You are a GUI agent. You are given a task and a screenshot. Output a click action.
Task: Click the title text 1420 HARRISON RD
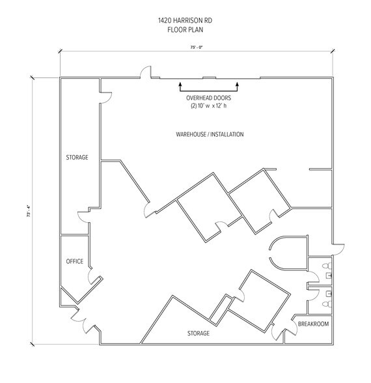pyautogui.click(x=185, y=21)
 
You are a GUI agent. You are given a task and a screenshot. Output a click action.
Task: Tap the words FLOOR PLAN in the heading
pyautogui.click(x=185, y=30)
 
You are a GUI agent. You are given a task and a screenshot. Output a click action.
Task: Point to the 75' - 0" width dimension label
pyautogui.click(x=197, y=48)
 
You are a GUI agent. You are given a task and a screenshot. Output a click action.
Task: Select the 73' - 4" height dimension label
pyautogui.click(x=29, y=211)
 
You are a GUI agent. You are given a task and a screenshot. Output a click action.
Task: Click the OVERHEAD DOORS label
pyautogui.click(x=208, y=98)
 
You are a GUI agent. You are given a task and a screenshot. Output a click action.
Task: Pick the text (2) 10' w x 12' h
pyautogui.click(x=208, y=106)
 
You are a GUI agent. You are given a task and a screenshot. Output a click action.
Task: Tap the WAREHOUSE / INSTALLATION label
pyautogui.click(x=210, y=134)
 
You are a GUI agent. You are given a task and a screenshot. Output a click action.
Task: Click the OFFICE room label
pyautogui.click(x=75, y=261)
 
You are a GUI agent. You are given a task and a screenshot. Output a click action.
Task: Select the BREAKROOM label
pyautogui.click(x=314, y=324)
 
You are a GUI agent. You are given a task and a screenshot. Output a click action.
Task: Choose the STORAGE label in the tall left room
pyautogui.click(x=77, y=158)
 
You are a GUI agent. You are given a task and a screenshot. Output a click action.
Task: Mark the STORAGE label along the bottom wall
pyautogui.click(x=199, y=333)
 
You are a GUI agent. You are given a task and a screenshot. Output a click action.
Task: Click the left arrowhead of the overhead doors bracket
pyautogui.click(x=180, y=85)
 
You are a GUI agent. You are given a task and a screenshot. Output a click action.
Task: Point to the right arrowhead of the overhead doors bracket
pyautogui.click(x=237, y=85)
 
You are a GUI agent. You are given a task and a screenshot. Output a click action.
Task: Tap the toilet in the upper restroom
pyautogui.click(x=327, y=266)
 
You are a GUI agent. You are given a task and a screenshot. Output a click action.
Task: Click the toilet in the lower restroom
pyautogui.click(x=327, y=304)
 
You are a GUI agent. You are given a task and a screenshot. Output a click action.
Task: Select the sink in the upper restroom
pyautogui.click(x=329, y=276)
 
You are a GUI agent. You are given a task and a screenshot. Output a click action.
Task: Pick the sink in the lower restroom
pyautogui.click(x=329, y=293)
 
